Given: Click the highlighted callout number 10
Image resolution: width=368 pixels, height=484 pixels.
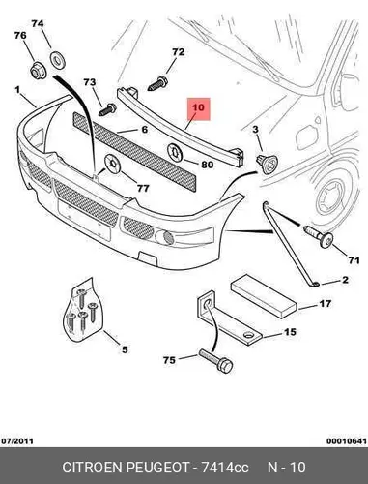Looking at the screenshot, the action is pyautogui.click(x=199, y=107).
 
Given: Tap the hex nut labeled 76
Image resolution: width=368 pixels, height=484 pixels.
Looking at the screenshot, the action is pyautogui.click(x=38, y=72).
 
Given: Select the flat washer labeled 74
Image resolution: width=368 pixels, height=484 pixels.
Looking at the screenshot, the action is pyautogui.click(x=58, y=60).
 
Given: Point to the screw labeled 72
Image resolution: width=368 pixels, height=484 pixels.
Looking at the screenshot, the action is pyautogui.click(x=157, y=83).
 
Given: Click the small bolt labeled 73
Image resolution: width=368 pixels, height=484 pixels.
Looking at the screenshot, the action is pyautogui.click(x=108, y=109).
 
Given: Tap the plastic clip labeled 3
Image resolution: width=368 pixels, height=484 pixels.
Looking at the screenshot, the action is pyautogui.click(x=267, y=164).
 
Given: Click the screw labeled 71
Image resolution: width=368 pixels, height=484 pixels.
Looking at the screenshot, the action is pyautogui.click(x=319, y=236).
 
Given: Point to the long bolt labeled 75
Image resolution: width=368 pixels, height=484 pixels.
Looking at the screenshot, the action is pyautogui.click(x=215, y=361).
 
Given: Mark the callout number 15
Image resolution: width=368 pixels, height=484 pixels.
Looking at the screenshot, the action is pyautogui.click(x=290, y=332).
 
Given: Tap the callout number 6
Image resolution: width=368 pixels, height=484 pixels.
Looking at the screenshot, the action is pyautogui.click(x=145, y=130).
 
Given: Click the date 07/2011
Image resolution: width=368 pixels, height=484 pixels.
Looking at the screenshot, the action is pyautogui.click(x=17, y=440).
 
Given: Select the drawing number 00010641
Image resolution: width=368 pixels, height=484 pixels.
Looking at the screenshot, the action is pyautogui.click(x=347, y=440).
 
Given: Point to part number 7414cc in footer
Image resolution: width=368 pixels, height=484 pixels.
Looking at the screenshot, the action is pyautogui.click(x=225, y=468).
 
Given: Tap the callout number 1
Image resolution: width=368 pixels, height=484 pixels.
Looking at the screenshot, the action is pyautogui.click(x=17, y=89).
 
